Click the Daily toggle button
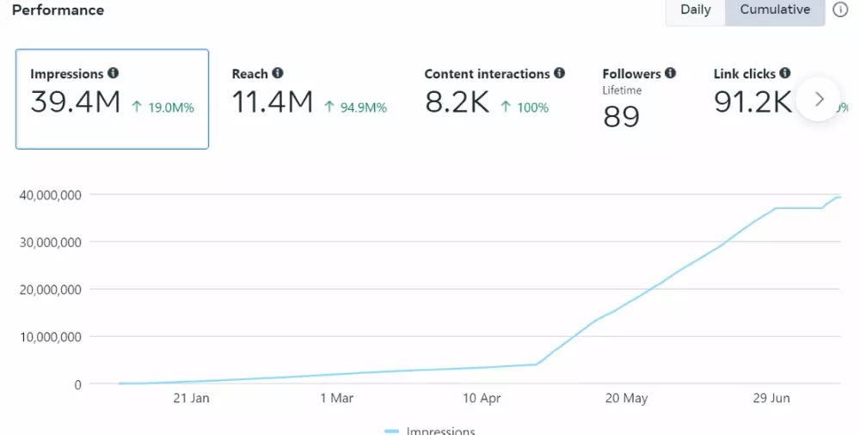[695, 10]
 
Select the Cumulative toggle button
[775, 10]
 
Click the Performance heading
[58, 10]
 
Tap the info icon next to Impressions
[114, 74]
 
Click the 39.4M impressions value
[75, 103]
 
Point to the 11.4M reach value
[273, 103]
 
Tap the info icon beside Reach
[278, 74]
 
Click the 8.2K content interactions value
[457, 103]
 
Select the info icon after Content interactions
[560, 74]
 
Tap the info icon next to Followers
[671, 74]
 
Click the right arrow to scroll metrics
[819, 99]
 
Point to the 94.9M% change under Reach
[355, 107]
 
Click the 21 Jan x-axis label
[191, 398]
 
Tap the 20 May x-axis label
[626, 398]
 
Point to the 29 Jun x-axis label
[771, 398]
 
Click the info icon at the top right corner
[840, 10]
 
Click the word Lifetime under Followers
[622, 90]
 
